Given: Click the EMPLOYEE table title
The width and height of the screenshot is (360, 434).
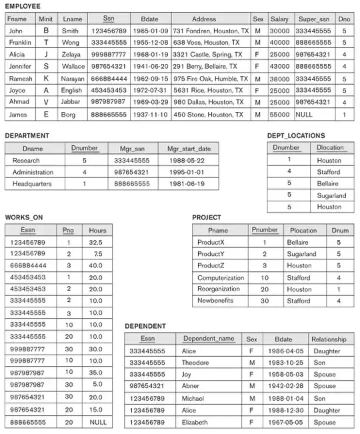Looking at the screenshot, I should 23,5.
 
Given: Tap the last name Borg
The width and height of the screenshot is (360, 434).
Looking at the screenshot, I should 69,114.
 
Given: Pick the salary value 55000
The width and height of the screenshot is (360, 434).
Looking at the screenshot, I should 279,114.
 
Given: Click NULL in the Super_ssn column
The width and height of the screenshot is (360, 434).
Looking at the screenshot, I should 306,114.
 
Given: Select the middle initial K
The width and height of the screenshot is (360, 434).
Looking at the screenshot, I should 46,78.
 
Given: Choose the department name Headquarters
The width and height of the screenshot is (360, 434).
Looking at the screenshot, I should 31,184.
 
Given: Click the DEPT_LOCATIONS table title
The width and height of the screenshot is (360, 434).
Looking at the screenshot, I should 295,135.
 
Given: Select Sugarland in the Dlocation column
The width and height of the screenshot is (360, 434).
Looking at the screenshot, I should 331,195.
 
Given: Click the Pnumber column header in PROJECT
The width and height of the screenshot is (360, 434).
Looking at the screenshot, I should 265,230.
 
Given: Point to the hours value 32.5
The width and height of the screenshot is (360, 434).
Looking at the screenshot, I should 95,242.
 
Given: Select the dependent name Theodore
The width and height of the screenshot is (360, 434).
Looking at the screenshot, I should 198,362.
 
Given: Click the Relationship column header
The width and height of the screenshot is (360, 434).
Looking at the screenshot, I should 328,339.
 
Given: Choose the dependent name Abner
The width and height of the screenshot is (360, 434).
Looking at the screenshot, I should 191,386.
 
